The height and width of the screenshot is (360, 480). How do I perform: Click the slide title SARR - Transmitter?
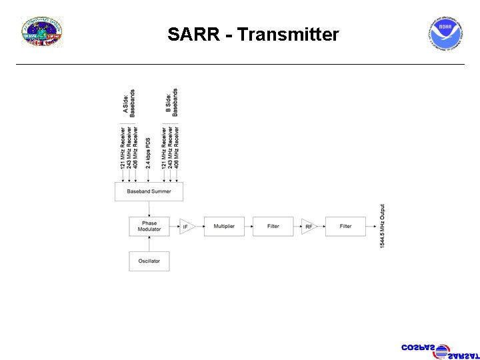coord(253,35)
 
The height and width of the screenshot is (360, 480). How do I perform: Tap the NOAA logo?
coord(445,34)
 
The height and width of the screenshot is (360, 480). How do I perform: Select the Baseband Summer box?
coord(149,191)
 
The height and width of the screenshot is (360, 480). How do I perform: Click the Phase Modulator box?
coord(149,227)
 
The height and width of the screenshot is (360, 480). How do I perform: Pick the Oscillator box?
coord(149,261)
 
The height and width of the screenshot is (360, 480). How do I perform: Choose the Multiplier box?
coord(224,227)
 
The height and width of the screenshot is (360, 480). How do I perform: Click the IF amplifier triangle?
coord(186,227)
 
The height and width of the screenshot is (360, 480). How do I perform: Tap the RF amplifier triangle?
coord(308,227)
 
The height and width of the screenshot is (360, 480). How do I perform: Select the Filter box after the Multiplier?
coord(273,227)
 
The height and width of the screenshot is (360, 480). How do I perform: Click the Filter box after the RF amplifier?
coord(345,227)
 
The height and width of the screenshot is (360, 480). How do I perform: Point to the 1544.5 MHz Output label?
coord(383,227)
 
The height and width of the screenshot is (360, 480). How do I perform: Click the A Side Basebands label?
coord(129,104)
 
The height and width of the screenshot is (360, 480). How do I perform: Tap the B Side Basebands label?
coord(171,103)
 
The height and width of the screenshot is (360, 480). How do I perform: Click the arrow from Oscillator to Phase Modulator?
coord(149,243)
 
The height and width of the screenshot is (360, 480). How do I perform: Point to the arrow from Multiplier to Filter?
coord(249,227)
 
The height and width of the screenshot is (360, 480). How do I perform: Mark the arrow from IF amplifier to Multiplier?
coord(199,227)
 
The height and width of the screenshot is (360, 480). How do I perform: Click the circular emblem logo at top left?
coord(42,33)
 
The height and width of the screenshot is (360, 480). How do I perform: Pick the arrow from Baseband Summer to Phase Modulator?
coord(149,209)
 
